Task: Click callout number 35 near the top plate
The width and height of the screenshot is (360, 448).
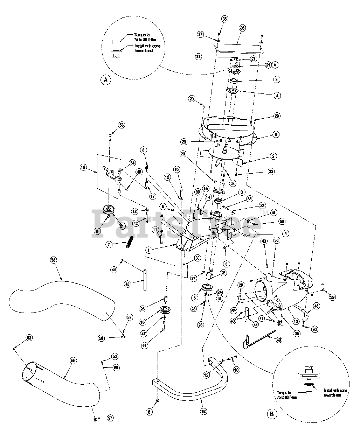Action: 242,28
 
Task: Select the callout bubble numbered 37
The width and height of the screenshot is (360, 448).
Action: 201,34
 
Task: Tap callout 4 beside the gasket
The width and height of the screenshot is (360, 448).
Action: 277,95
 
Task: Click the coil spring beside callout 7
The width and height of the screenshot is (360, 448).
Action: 130,241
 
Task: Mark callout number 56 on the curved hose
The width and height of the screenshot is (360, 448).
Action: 53,260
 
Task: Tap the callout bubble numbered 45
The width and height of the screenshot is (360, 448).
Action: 317,306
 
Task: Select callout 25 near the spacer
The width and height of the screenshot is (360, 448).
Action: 223,273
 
